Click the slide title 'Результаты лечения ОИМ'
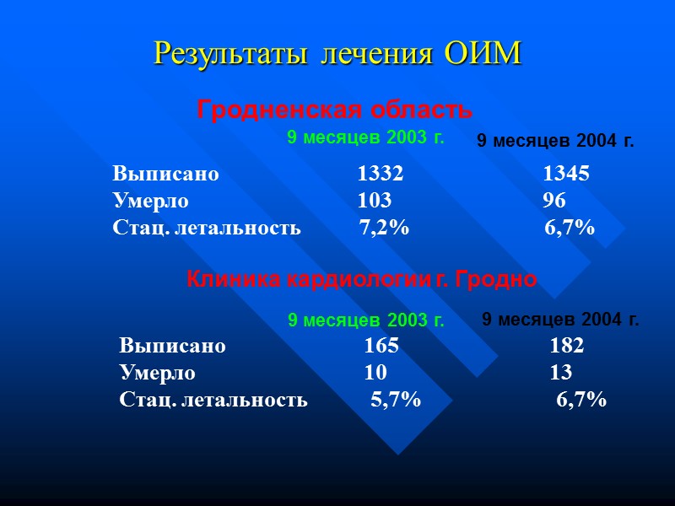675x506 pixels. [337, 54]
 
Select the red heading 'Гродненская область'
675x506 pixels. [334, 110]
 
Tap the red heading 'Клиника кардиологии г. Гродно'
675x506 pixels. [360, 279]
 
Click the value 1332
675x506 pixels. [380, 174]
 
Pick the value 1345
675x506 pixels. [565, 174]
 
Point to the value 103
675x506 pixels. [374, 201]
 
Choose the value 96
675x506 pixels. [554, 201]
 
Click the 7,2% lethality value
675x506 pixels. [384, 228]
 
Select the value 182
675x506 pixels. [566, 346]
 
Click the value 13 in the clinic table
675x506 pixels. [560, 373]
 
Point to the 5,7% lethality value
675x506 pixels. [396, 400]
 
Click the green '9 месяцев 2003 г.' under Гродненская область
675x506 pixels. [365, 137]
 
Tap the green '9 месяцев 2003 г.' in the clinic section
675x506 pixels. [366, 320]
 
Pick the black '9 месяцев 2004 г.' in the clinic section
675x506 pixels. [560, 320]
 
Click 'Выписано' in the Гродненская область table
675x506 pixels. [165, 174]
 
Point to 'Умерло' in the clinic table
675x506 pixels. [157, 373]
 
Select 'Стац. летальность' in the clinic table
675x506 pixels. [213, 400]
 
